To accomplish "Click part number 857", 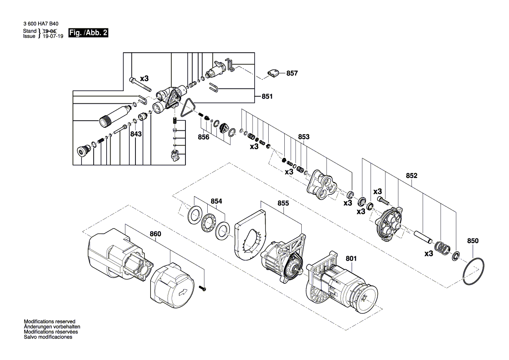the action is pyautogui.click(x=292, y=73).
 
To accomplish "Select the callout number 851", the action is pyautogui.click(x=267, y=96).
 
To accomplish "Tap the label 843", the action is pyautogui.click(x=136, y=134).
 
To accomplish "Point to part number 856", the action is pyautogui.click(x=203, y=137).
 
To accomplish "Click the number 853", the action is pyautogui.click(x=304, y=137).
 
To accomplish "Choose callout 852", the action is pyautogui.click(x=411, y=176).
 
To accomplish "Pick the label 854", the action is pyautogui.click(x=216, y=201).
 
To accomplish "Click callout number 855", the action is pyautogui.click(x=283, y=204).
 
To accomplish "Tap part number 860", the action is pyautogui.click(x=155, y=234).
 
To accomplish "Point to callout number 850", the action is pyautogui.click(x=473, y=241).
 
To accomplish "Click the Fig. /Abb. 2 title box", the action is pyautogui.click(x=88, y=33).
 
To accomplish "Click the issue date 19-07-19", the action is pyautogui.click(x=53, y=36).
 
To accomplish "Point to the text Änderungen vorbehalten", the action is pyautogui.click(x=52, y=327).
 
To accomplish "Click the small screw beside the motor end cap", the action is pyautogui.click(x=203, y=288).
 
